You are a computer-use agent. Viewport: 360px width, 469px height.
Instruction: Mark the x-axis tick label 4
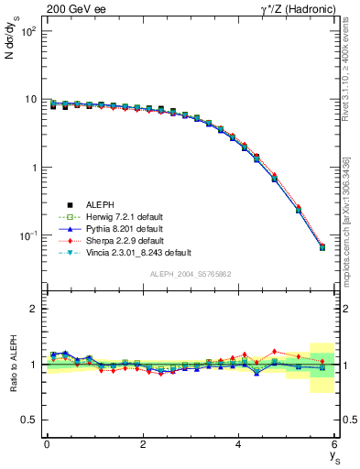[239, 444]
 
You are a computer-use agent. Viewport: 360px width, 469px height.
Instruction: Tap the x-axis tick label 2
[143, 444]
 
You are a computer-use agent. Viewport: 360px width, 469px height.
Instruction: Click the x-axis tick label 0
[47, 444]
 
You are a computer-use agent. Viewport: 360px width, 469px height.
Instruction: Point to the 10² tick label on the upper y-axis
[28, 31]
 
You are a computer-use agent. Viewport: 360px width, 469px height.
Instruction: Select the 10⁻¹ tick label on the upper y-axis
[28, 236]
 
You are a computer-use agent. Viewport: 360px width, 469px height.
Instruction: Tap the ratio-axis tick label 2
[34, 309]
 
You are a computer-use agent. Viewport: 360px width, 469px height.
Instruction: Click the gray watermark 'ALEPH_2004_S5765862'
[191, 274]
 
